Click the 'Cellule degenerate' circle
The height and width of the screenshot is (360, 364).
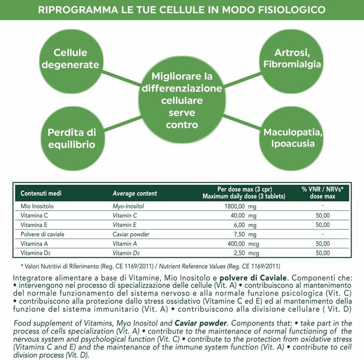[76, 58]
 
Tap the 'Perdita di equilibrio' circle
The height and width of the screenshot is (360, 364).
[72, 138]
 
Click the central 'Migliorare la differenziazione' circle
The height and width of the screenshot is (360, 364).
[181, 101]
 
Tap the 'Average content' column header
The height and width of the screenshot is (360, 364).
[135, 193]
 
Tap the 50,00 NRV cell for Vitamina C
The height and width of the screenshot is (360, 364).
[322, 216]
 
